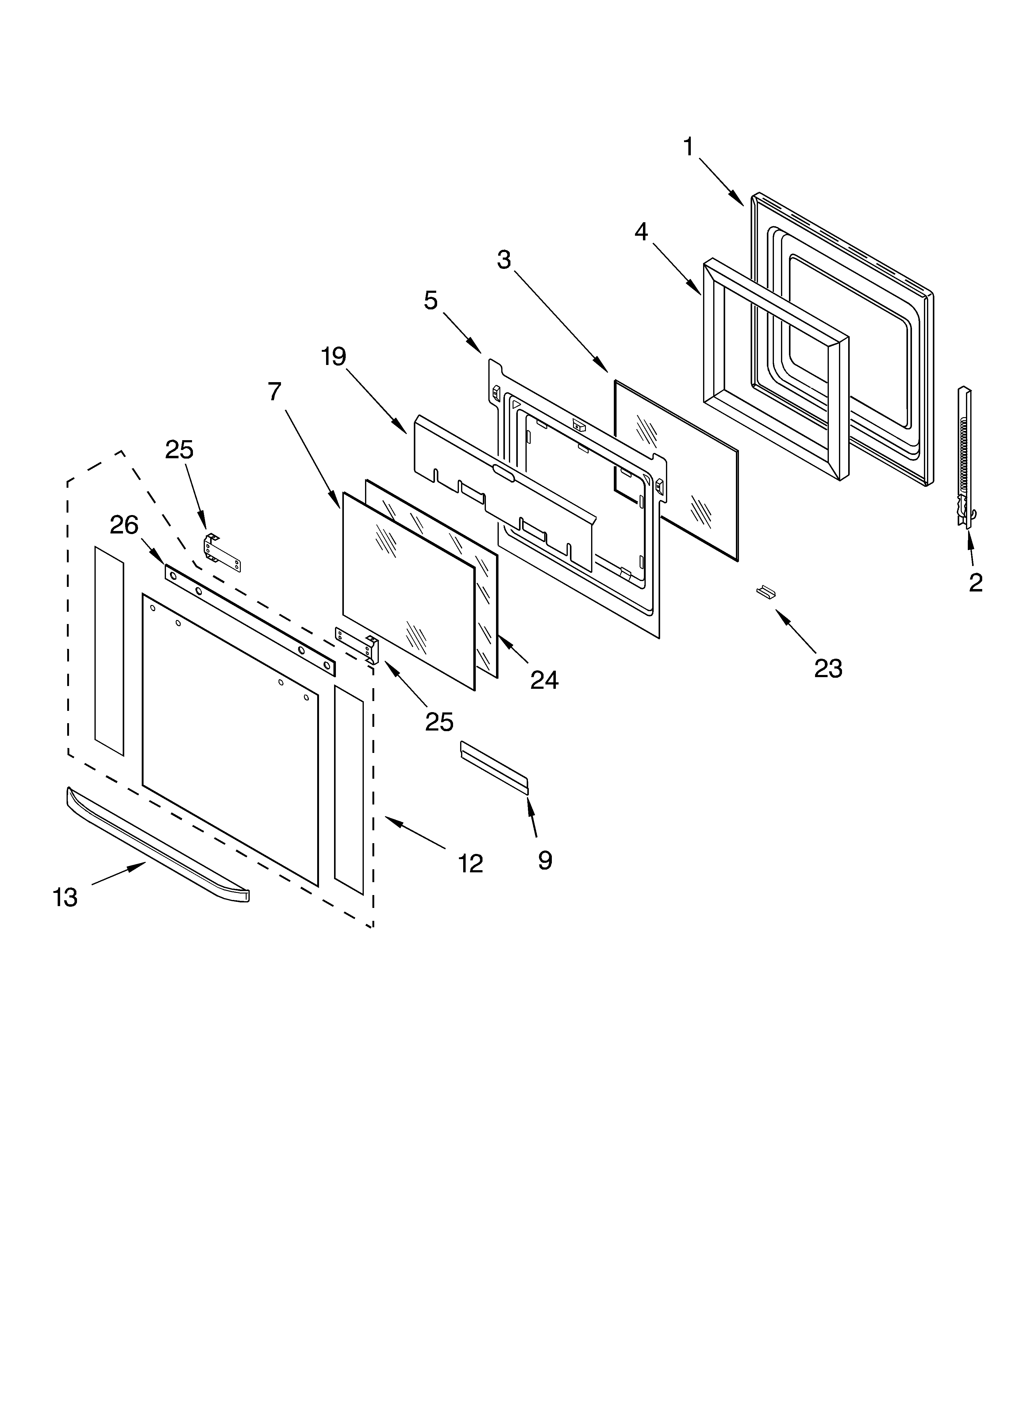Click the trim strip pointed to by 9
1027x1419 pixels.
[494, 767]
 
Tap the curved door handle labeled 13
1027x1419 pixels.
[156, 845]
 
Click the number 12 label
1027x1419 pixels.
[470, 864]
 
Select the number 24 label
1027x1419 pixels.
[544, 680]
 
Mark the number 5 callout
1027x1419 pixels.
[431, 301]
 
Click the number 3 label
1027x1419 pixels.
[504, 260]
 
